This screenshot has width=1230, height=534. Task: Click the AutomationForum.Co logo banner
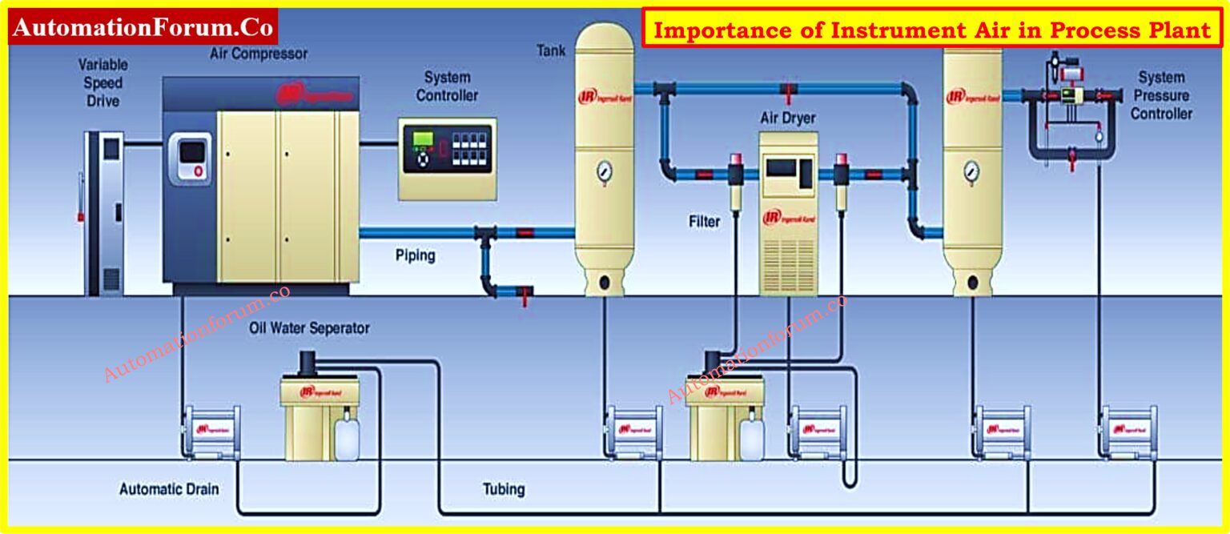coord(143,28)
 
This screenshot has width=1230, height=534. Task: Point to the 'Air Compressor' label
coord(258,54)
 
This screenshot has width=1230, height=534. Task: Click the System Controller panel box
coord(447,159)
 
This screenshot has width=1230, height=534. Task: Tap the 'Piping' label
coord(415,256)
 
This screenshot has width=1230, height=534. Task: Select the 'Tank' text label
coord(550,51)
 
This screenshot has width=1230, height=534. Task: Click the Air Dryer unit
coord(788,212)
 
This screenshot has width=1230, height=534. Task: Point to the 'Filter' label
coord(705,221)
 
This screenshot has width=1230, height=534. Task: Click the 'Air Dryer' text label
coord(787,118)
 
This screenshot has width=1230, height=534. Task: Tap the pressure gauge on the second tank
coord(971,170)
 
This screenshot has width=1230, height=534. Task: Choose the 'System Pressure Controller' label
coord(1160,95)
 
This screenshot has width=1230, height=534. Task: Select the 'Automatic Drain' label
coord(168,488)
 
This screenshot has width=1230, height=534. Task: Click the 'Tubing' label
coord(504,488)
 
